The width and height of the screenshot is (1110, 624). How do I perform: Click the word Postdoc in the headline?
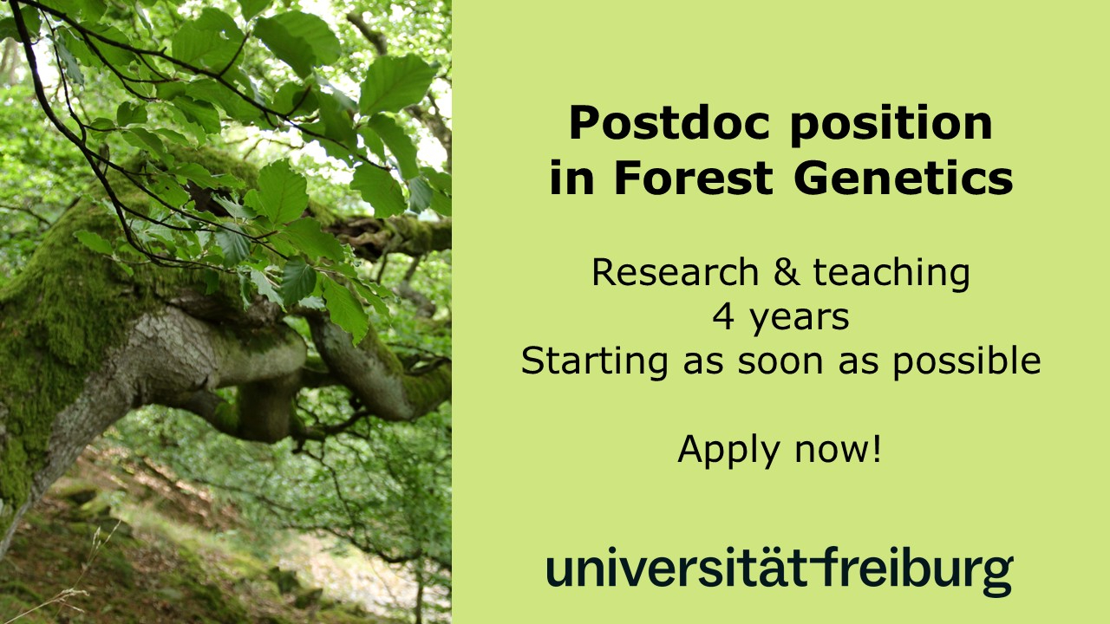(669, 123)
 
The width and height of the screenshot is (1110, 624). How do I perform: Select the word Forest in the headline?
(694, 178)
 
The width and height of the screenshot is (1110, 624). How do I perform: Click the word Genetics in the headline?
(904, 178)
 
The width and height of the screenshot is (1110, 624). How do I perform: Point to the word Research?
(676, 272)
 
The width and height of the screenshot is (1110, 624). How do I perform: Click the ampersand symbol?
(787, 272)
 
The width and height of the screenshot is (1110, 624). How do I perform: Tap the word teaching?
(891, 274)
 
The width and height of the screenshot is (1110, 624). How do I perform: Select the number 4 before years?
(723, 317)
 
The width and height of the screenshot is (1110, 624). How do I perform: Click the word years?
(800, 320)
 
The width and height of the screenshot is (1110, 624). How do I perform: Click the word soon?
(780, 363)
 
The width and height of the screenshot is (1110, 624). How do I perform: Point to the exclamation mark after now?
(877, 449)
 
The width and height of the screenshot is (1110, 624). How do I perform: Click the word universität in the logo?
(677, 567)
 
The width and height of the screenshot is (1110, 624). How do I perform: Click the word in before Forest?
(571, 178)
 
